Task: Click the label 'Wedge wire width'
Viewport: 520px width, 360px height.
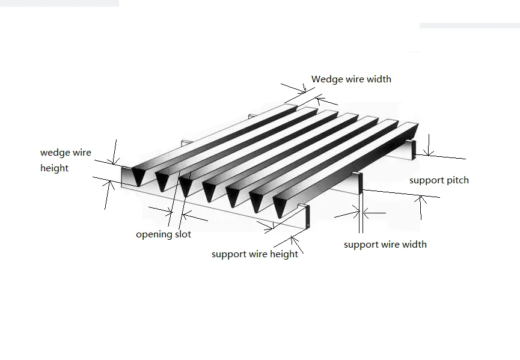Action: (x=351, y=79)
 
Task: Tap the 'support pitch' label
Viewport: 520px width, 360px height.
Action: (x=439, y=180)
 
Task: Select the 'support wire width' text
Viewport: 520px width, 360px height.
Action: (x=385, y=245)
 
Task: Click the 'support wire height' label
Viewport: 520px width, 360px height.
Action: (x=255, y=254)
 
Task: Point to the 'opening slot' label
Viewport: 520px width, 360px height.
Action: (x=164, y=235)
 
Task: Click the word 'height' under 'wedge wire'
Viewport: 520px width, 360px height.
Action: (x=54, y=168)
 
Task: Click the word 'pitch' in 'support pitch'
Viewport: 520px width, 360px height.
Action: (x=458, y=180)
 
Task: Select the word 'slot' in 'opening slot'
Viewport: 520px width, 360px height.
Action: (x=183, y=234)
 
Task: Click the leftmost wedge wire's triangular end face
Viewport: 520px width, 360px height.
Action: (x=138, y=175)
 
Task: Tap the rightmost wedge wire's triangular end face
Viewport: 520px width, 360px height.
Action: (x=280, y=206)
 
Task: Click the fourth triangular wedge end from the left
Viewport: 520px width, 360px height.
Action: (x=209, y=190)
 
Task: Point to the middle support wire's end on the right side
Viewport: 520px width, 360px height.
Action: (x=361, y=183)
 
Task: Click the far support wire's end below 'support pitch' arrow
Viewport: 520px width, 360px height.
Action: (x=414, y=149)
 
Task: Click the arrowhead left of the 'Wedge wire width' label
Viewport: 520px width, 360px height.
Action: (x=303, y=90)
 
